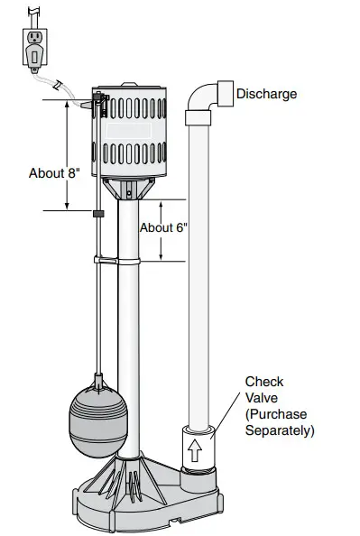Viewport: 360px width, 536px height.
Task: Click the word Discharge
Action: [x=266, y=94]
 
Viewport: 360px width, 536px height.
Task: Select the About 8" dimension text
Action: [x=55, y=173]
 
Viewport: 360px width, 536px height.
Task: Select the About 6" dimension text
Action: [x=162, y=228]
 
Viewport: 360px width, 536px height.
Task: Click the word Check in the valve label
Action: [x=263, y=382]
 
